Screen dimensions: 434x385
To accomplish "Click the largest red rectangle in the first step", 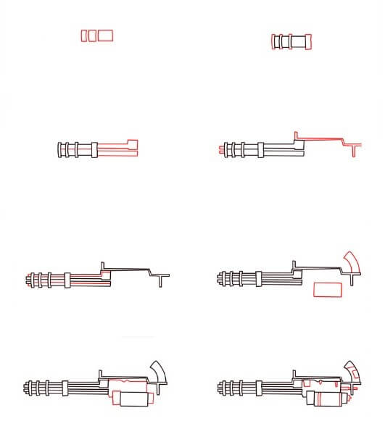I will point(106,35).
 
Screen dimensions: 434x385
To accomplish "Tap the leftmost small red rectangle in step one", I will point(85,35).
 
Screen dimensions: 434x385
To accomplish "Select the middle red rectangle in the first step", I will point(92,35).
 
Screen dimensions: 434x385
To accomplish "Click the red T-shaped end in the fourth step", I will point(353,148).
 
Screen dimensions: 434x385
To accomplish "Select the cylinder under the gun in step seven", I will point(133,398).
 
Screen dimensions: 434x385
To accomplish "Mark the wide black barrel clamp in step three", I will point(94,150).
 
